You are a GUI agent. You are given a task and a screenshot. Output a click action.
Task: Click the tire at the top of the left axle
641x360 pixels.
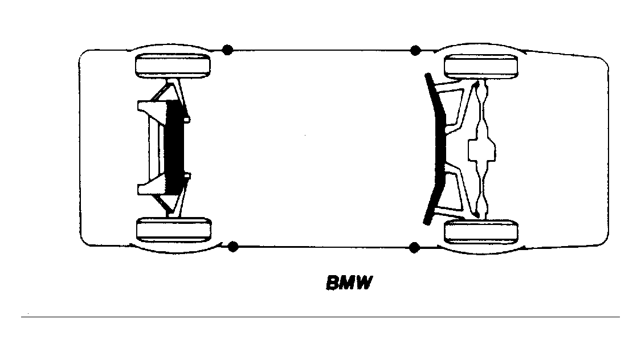click(173, 66)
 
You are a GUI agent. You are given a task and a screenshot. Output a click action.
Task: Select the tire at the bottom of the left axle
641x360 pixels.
click(173, 229)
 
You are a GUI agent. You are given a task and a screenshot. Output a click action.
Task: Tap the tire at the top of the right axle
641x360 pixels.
click(481, 67)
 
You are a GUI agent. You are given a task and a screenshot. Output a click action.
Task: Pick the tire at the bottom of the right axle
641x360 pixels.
click(481, 232)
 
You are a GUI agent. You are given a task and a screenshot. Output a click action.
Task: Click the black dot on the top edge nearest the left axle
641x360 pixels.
click(228, 50)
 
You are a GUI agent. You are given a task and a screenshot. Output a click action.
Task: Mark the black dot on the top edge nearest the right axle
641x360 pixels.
click(415, 51)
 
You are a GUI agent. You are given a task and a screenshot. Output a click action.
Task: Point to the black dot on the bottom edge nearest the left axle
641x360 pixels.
click(232, 247)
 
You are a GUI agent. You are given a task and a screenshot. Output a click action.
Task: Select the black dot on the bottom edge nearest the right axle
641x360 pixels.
click(414, 247)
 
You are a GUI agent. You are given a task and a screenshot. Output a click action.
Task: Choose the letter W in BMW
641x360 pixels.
click(363, 283)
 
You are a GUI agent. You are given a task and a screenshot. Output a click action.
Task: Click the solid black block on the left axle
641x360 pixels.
click(175, 147)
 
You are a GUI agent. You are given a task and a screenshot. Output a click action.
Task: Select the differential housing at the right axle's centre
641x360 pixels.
click(481, 149)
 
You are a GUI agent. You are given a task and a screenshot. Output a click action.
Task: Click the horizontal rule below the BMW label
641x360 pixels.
click(320, 317)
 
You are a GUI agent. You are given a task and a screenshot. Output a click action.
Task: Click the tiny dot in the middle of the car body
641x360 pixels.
click(305, 135)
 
